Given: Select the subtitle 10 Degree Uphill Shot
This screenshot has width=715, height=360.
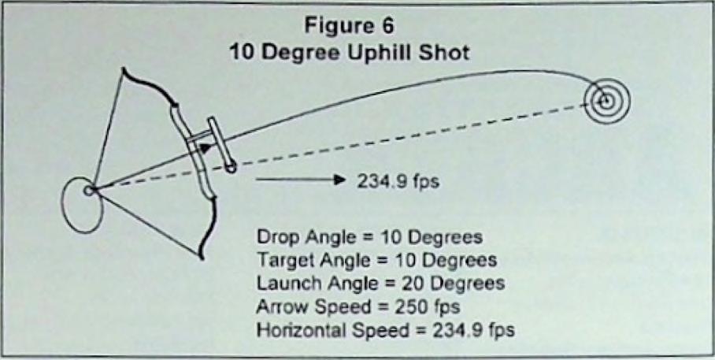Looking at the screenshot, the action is point(349,54).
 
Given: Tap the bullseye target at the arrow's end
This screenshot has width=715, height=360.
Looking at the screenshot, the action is point(606,101).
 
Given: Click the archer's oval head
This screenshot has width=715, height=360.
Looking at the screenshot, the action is point(83,206).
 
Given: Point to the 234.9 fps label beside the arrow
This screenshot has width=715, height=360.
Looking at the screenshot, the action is point(398,181).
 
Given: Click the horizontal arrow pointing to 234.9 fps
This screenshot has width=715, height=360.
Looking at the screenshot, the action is point(299,180).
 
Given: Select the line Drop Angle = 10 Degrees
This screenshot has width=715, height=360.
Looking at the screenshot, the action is point(370,238).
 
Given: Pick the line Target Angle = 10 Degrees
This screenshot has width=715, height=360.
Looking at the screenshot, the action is point(376,260).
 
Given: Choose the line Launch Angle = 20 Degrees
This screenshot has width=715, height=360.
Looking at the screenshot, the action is point(381,284).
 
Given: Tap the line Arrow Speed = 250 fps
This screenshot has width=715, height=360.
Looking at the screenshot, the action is point(358,306).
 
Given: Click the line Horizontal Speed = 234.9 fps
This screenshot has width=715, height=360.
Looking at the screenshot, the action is point(386,330).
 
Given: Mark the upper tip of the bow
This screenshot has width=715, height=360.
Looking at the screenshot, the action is point(123,69).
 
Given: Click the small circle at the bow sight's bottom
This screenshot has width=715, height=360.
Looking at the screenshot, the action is point(232,168).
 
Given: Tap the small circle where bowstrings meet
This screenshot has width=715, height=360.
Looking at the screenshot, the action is point(89,190).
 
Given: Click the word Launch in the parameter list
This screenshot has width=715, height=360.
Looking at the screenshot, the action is point(283,284).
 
